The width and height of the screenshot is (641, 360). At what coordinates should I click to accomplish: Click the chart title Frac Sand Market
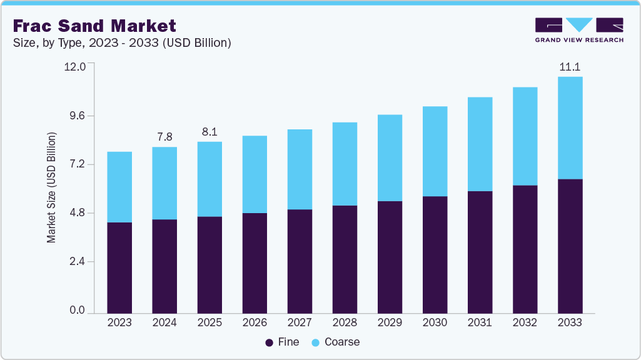pos(94,26)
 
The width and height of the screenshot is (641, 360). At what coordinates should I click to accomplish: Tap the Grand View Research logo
pos(578,30)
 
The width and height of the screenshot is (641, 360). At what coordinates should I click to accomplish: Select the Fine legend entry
pos(283,342)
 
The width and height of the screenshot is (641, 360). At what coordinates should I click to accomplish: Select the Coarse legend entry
pos(336,342)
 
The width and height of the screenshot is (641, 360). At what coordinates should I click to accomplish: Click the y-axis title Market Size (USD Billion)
pos(52,187)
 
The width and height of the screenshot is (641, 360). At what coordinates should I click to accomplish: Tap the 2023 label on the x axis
pos(119,322)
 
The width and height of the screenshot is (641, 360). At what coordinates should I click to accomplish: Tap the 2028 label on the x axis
pos(345,322)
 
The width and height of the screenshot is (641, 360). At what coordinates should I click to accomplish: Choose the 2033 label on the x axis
pos(570,322)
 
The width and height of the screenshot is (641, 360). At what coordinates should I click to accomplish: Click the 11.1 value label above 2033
pos(570,66)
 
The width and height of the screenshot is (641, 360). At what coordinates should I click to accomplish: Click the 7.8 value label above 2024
pos(164,136)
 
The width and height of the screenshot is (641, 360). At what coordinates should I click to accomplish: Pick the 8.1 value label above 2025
pos(209,131)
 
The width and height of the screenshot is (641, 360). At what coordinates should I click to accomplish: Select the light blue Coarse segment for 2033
pos(570,128)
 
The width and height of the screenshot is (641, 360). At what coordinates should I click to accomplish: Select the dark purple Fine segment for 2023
pos(119,267)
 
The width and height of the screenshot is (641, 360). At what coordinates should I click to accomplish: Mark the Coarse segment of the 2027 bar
pos(300,169)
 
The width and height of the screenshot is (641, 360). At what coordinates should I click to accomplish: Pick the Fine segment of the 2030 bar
pos(435,254)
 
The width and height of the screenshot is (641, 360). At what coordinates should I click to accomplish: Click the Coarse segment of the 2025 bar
pos(209,179)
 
